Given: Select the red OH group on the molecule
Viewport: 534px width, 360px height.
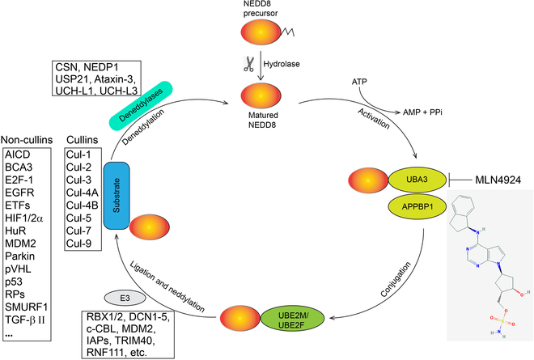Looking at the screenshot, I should tap(508, 295).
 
